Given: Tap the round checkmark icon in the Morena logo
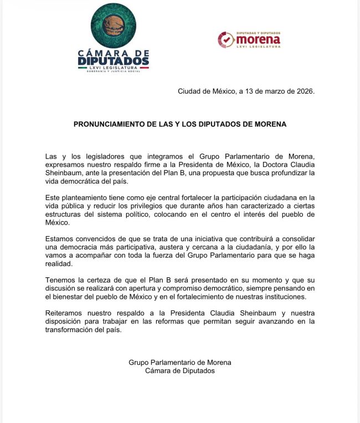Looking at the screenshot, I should [x=225, y=39].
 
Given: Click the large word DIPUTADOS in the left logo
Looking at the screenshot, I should [x=113, y=59].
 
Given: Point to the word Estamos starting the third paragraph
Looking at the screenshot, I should [x=61, y=239].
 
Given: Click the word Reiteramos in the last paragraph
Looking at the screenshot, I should [x=65, y=313].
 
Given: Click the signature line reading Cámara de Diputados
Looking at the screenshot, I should [x=179, y=370].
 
